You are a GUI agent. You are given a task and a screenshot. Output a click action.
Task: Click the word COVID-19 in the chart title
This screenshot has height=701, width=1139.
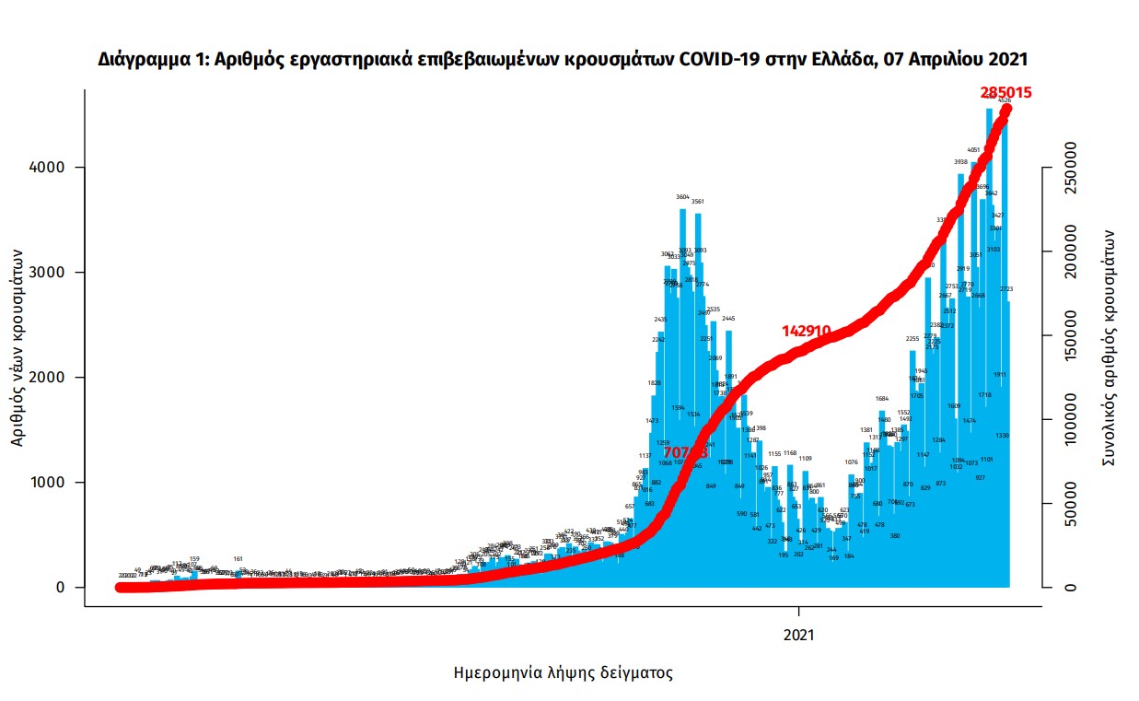[722, 59]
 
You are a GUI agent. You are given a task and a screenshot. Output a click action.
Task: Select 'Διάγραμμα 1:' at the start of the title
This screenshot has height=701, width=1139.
[145, 59]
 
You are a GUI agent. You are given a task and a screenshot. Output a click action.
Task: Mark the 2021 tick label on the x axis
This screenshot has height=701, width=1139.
[799, 635]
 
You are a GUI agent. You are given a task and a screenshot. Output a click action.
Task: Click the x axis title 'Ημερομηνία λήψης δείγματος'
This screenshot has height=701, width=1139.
[564, 672]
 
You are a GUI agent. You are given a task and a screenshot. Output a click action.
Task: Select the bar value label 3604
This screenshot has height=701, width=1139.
[682, 197]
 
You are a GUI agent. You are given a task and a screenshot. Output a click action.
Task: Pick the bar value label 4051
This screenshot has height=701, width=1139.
[973, 149]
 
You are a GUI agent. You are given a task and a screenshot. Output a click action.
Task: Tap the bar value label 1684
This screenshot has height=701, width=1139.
[882, 399]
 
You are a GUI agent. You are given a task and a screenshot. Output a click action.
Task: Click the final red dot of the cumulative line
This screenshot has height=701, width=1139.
[1006, 110]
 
